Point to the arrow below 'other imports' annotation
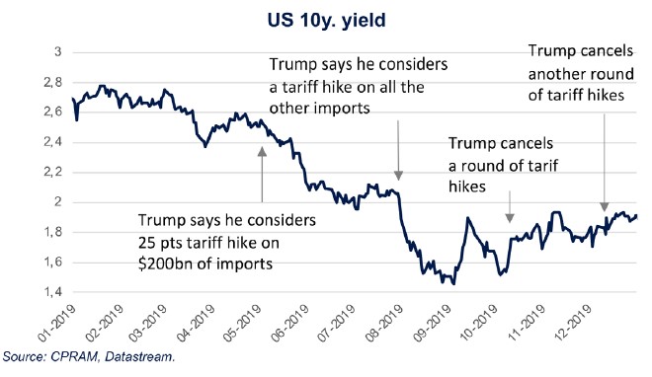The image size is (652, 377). point(397,147)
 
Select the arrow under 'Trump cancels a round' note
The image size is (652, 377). point(510,204)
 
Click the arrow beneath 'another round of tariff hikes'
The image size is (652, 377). point(605,188)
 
